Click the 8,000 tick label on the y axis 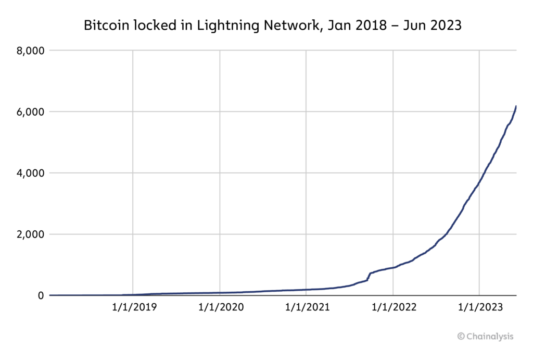point(31,51)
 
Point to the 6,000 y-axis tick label point(31,111)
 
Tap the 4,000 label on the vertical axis point(31,173)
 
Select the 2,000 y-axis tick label point(31,234)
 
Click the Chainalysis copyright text point(486,336)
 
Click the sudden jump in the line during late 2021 point(369,276)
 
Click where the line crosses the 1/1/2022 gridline point(393,267)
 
